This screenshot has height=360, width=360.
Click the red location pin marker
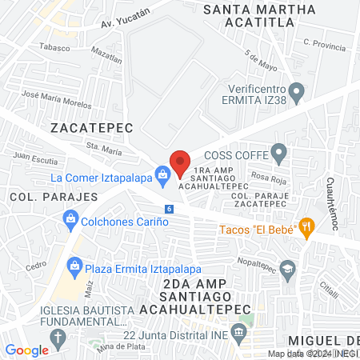coord(180,162)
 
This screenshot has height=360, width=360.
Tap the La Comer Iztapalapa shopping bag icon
coord(163,173)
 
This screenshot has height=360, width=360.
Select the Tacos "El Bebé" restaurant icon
coord(306,226)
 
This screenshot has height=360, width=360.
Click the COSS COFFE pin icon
coord(279,151)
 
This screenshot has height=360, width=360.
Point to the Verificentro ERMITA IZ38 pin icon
coord(297,94)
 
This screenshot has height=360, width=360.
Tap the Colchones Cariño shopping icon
coord(71,218)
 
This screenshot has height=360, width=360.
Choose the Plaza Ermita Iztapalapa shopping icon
coord(74,265)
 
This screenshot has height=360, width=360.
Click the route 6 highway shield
coord(169,209)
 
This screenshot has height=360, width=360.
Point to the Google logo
coord(27,350)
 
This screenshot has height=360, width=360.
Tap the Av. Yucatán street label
coord(126,18)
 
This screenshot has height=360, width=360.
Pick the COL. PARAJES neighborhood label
coord(54,196)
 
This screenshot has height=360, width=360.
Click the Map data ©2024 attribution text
coord(297,354)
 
